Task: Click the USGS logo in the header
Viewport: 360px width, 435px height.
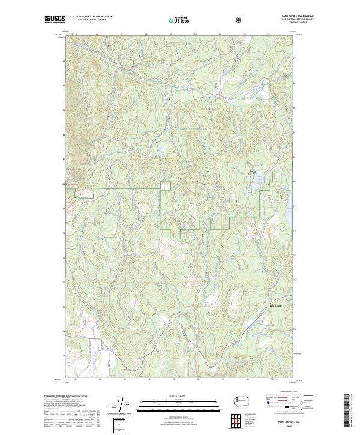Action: coord(55,19)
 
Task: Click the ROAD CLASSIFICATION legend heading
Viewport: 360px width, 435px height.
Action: coord(284,391)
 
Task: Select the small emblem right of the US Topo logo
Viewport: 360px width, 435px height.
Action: coord(239,20)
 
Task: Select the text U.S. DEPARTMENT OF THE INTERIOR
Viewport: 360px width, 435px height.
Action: coord(91,16)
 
